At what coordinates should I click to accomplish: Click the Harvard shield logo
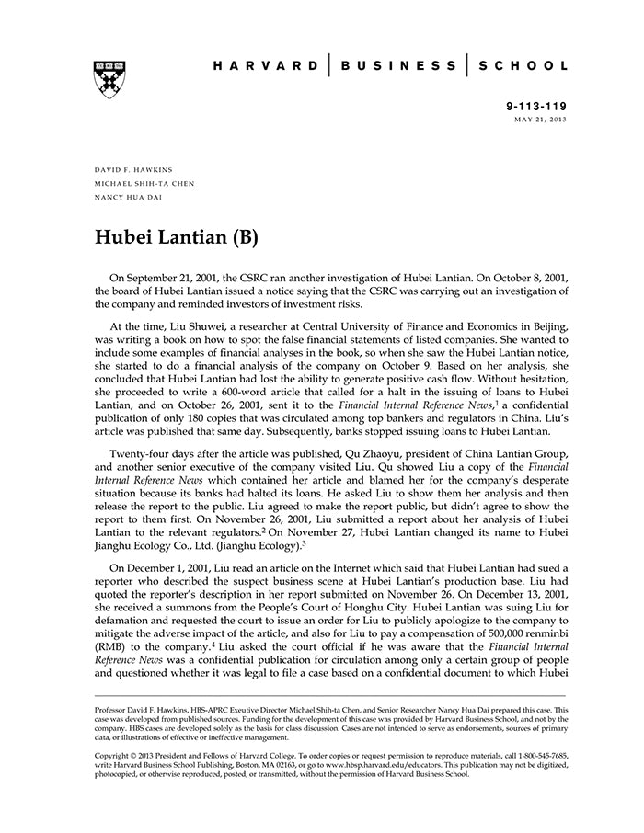pyautogui.click(x=109, y=78)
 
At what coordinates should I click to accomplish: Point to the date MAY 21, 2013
pyautogui.click(x=540, y=120)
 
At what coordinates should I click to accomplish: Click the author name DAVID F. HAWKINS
pyautogui.click(x=133, y=170)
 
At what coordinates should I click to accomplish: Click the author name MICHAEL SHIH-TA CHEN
pyautogui.click(x=144, y=183)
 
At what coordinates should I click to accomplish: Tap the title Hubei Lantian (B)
pyautogui.click(x=177, y=237)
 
